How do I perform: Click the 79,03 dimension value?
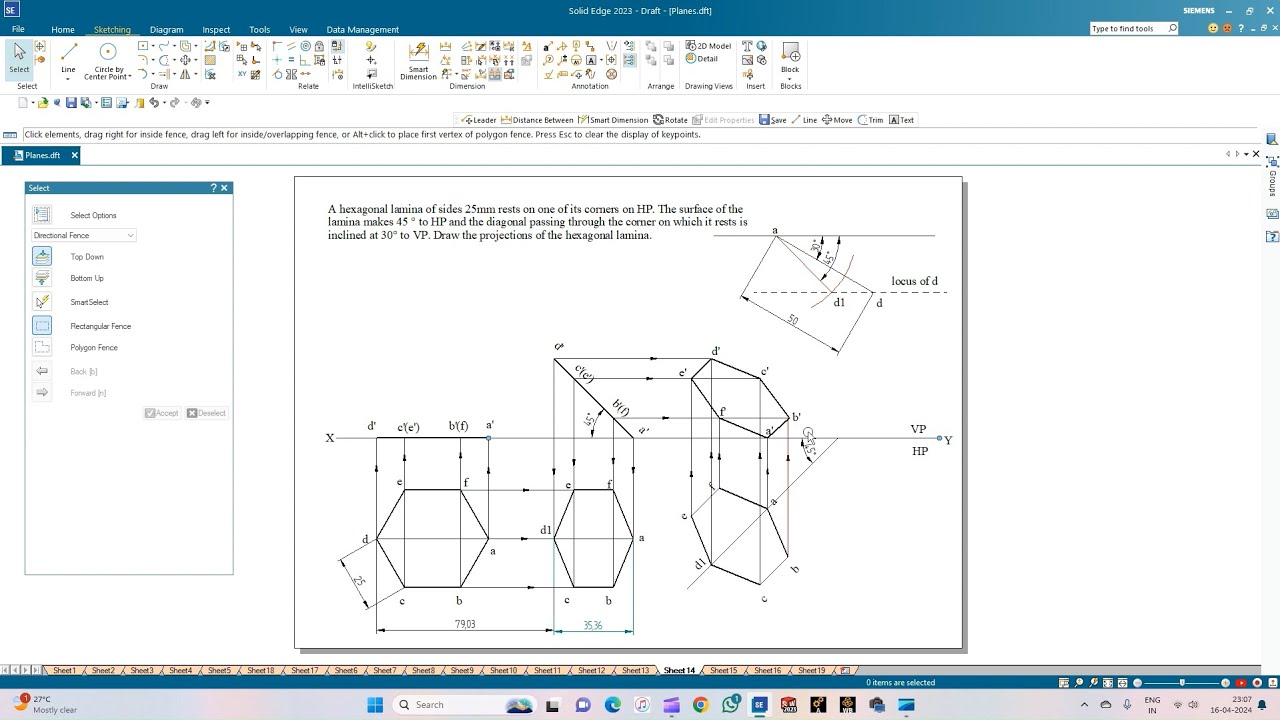(464, 624)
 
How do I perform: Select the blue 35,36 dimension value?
(593, 626)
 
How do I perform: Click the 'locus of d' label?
(914, 281)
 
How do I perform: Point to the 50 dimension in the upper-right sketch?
(793, 321)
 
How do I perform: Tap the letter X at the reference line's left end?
(330, 438)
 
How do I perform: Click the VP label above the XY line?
(918, 429)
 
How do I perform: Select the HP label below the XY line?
(920, 451)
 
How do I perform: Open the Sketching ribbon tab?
(112, 30)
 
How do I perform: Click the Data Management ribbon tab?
(362, 30)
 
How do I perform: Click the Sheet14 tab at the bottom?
(679, 670)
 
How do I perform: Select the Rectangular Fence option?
(100, 326)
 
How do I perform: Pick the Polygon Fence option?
(94, 348)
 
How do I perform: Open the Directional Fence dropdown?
(84, 236)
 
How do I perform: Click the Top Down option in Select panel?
(87, 257)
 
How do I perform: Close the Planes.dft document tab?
(74, 156)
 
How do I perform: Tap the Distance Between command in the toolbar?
(537, 120)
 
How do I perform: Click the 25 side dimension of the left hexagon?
(357, 581)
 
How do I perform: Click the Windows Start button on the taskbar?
(375, 705)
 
